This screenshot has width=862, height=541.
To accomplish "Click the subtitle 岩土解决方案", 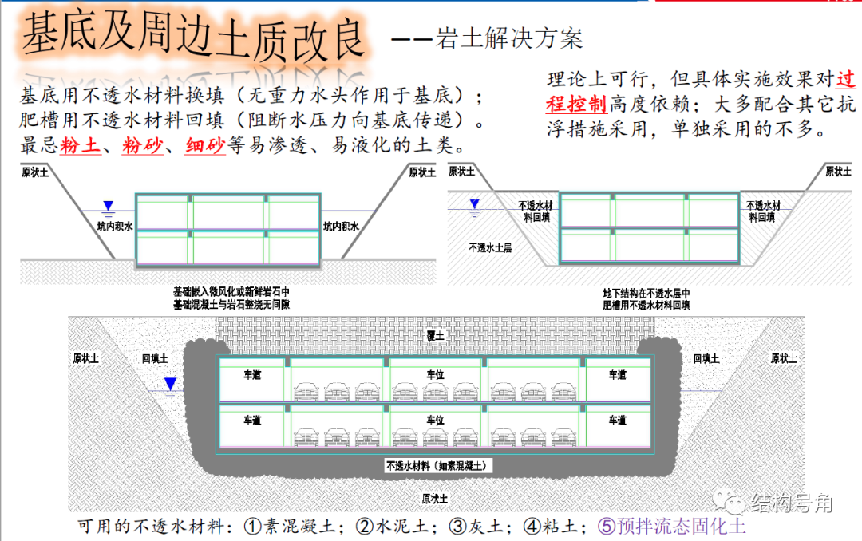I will coord(508,38).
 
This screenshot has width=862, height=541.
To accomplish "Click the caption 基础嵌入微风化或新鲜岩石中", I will coord(231,293).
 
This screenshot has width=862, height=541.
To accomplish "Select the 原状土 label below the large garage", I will coord(434,499).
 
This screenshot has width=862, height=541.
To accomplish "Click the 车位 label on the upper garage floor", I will coord(435,374).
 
